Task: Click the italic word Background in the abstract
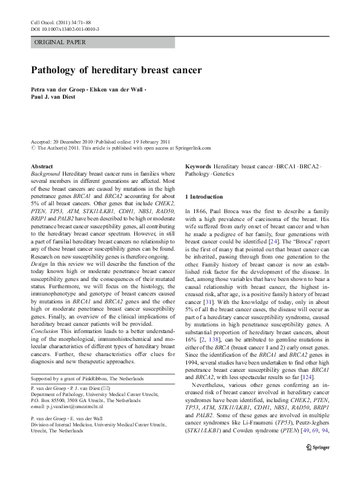tap(46, 173)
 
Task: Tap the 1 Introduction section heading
tap(205, 197)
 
